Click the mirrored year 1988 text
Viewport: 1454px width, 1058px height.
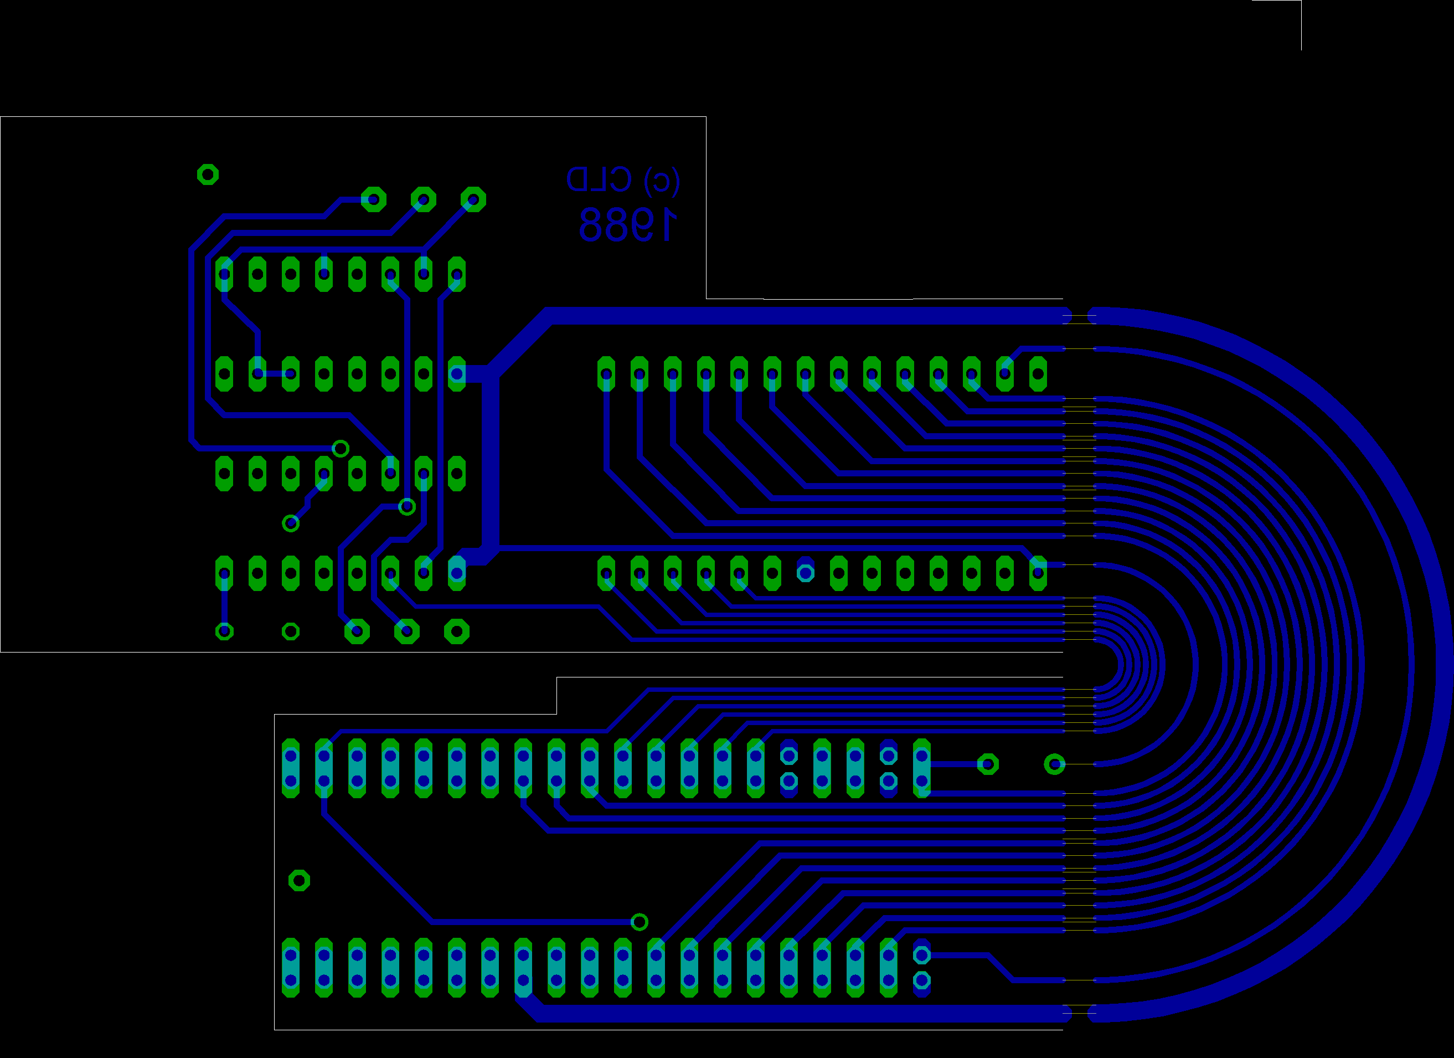click(628, 224)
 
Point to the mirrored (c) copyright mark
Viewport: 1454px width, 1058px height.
click(662, 180)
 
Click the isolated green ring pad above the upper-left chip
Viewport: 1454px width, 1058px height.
click(208, 174)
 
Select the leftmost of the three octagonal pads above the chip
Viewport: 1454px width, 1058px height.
click(374, 199)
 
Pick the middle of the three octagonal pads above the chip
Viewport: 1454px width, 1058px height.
click(424, 199)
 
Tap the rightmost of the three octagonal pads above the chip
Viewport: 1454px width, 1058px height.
click(473, 199)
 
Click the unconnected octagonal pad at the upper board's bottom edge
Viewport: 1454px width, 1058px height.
click(456, 631)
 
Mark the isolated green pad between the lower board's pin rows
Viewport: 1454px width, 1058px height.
click(300, 880)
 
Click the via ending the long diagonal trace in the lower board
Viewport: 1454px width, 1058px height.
click(639, 922)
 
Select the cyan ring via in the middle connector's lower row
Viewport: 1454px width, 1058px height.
click(805, 573)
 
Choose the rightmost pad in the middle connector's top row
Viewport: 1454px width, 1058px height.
click(1038, 374)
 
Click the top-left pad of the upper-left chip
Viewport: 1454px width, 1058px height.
click(224, 274)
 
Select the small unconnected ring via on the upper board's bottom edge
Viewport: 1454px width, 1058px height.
click(291, 631)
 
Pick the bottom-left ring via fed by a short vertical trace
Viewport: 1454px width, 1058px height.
click(224, 631)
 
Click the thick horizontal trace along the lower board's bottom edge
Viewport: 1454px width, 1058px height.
click(801, 1014)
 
